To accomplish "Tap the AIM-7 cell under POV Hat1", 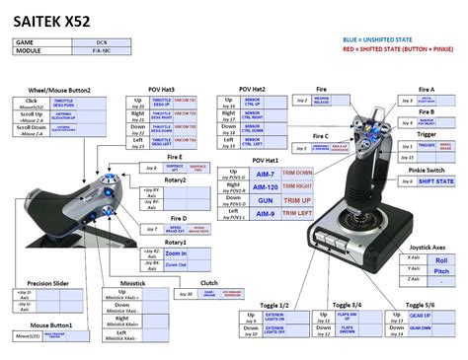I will tap(266, 173).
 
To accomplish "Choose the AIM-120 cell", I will tap(266, 185).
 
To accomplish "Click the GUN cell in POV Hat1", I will tap(266, 198).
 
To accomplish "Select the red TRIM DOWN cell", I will tap(296, 173).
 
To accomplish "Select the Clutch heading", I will tap(208, 283).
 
